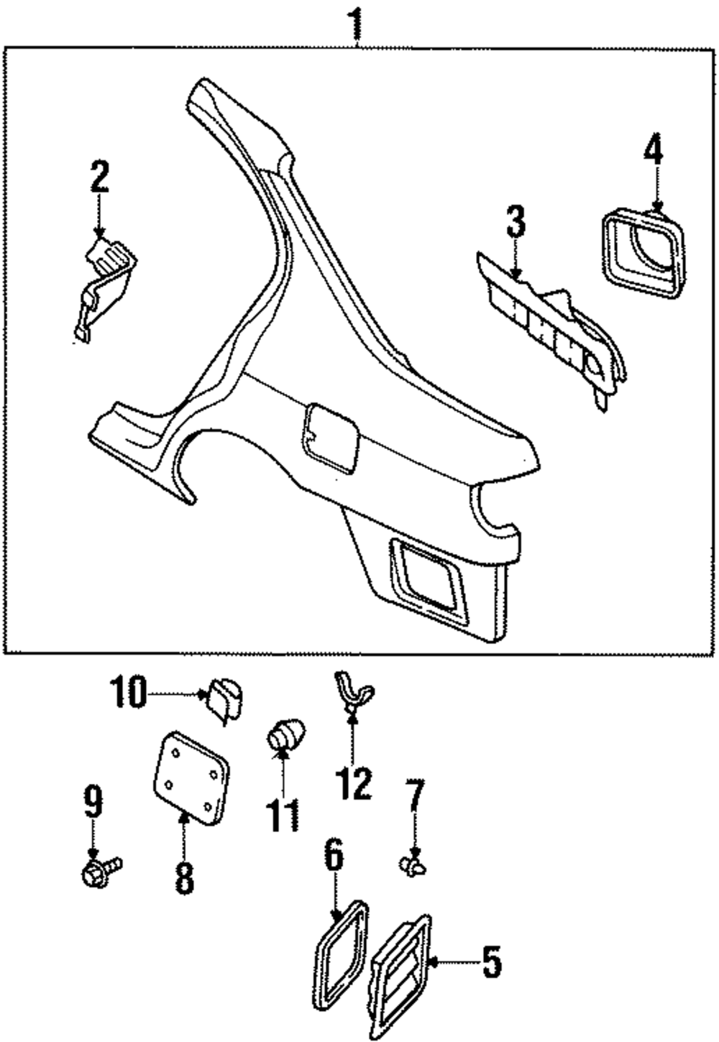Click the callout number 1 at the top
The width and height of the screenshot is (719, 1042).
click(x=356, y=23)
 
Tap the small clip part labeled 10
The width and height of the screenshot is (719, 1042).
click(x=225, y=697)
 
